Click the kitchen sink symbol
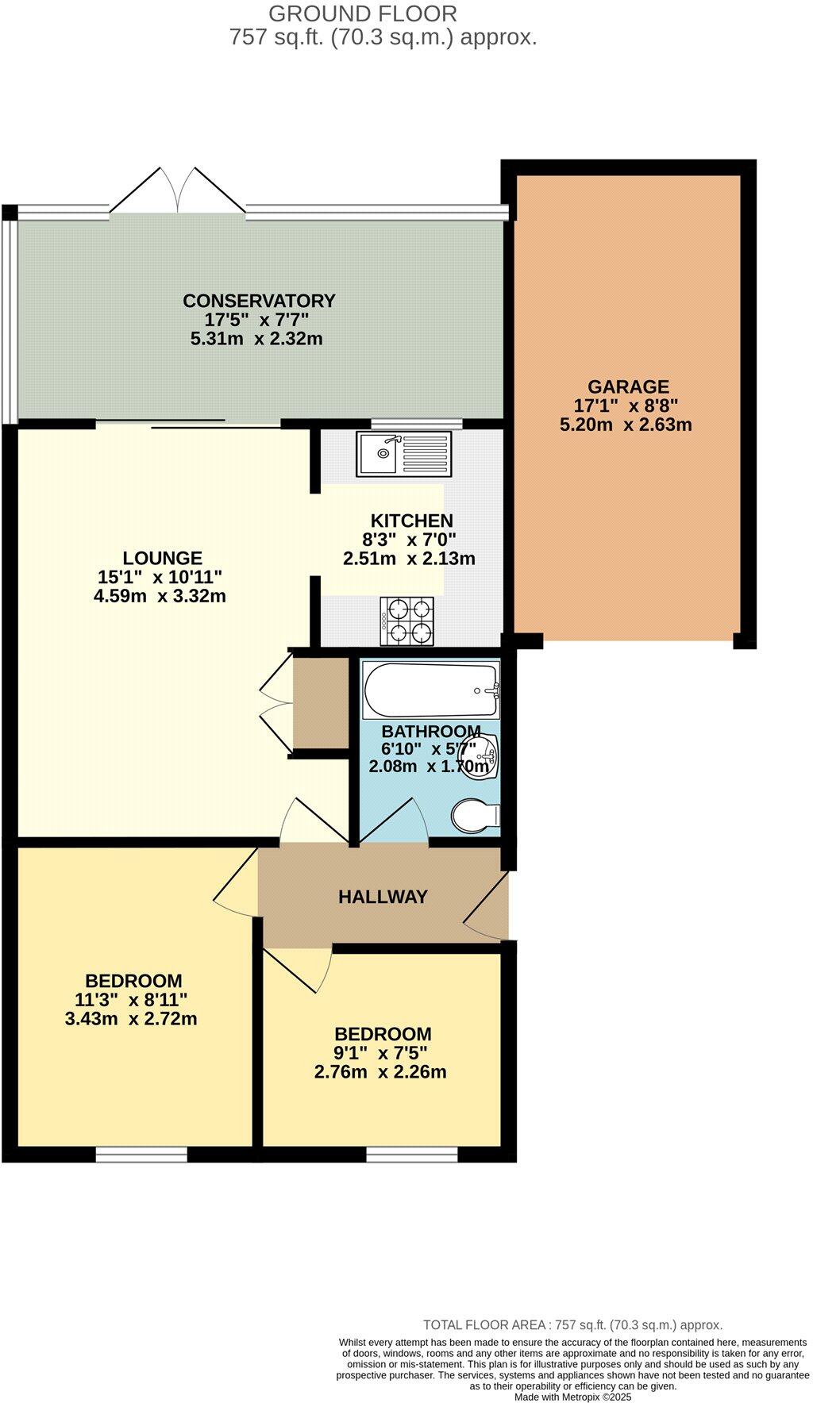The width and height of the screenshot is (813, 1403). tap(404, 455)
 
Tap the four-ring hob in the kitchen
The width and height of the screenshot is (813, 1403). tap(409, 621)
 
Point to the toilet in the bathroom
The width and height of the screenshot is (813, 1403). tap(475, 815)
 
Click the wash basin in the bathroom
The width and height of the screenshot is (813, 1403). tap(482, 756)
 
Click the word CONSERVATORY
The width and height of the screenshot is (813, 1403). tap(259, 301)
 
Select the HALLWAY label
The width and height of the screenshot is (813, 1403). tap(383, 897)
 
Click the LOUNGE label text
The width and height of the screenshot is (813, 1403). tap(162, 558)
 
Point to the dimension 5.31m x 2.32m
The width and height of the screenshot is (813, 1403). tap(256, 340)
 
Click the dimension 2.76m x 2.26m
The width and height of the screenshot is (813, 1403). tap(380, 1073)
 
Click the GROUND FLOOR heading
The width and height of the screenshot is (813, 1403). tap(363, 13)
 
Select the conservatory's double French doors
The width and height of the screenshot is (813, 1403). tap(178, 190)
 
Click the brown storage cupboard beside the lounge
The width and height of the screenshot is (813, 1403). tap(321, 701)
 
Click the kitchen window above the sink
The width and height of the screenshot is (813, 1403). tap(417, 423)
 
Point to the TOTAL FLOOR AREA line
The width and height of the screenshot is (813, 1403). tap(572, 1324)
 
